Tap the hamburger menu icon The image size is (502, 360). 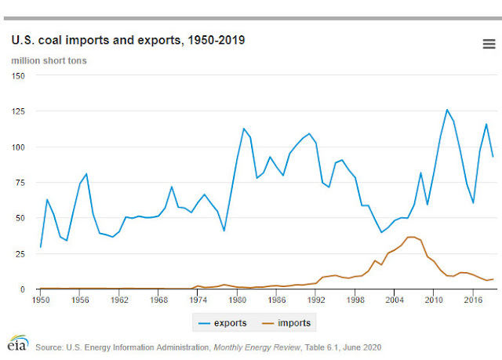point(489,44)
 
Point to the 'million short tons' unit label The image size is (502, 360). point(49,60)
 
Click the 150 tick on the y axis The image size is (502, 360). point(18,76)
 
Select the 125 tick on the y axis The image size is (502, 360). point(18,111)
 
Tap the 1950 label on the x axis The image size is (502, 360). point(39,300)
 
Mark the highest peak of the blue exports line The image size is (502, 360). point(446,110)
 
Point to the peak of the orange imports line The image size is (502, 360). point(411,237)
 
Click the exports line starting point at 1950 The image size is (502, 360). point(40,247)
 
